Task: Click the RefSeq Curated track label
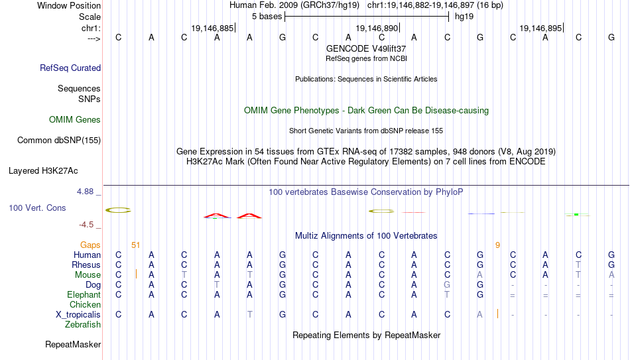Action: (x=70, y=68)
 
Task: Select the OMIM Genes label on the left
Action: (x=75, y=120)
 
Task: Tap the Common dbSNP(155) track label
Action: (x=59, y=141)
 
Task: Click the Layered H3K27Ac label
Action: (x=43, y=171)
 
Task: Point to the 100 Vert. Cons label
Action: (x=37, y=208)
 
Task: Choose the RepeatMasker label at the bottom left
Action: (x=73, y=344)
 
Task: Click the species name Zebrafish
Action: (x=83, y=324)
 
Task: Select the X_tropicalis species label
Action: (x=78, y=315)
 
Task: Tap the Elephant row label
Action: (x=84, y=295)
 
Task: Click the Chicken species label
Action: (x=85, y=304)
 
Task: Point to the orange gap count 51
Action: (x=136, y=245)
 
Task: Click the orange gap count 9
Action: (x=498, y=245)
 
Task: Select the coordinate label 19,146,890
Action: (x=377, y=28)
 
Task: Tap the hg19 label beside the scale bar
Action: (x=464, y=17)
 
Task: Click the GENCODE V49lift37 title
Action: (x=366, y=48)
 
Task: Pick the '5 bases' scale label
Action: (x=267, y=17)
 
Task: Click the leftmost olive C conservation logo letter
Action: (x=118, y=210)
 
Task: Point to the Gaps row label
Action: (x=90, y=245)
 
